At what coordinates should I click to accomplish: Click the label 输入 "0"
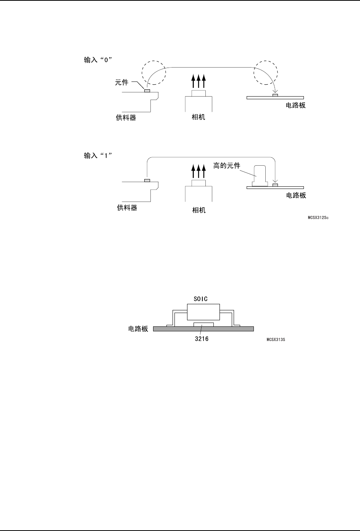pos(98,60)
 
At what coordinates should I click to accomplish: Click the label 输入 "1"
pos(98,156)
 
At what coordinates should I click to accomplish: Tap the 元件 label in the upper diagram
pos(122,82)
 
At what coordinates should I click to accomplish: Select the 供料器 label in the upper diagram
pos(126,118)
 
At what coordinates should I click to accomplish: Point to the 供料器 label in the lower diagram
pos(127,208)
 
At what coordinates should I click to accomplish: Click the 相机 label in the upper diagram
pos(198,117)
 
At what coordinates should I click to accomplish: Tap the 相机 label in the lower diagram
pos(199,210)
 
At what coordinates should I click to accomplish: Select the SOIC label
pos(200,299)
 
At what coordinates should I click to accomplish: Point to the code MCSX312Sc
pos(318,218)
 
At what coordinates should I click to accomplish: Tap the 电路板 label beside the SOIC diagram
pos(138,329)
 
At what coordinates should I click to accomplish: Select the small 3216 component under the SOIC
pos(203,324)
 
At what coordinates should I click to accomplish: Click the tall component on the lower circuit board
pos(260,176)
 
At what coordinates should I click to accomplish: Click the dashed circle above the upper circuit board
pos(266,72)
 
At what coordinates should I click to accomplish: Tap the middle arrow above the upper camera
pos(199,81)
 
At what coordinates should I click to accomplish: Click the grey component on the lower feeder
pos(147,180)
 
